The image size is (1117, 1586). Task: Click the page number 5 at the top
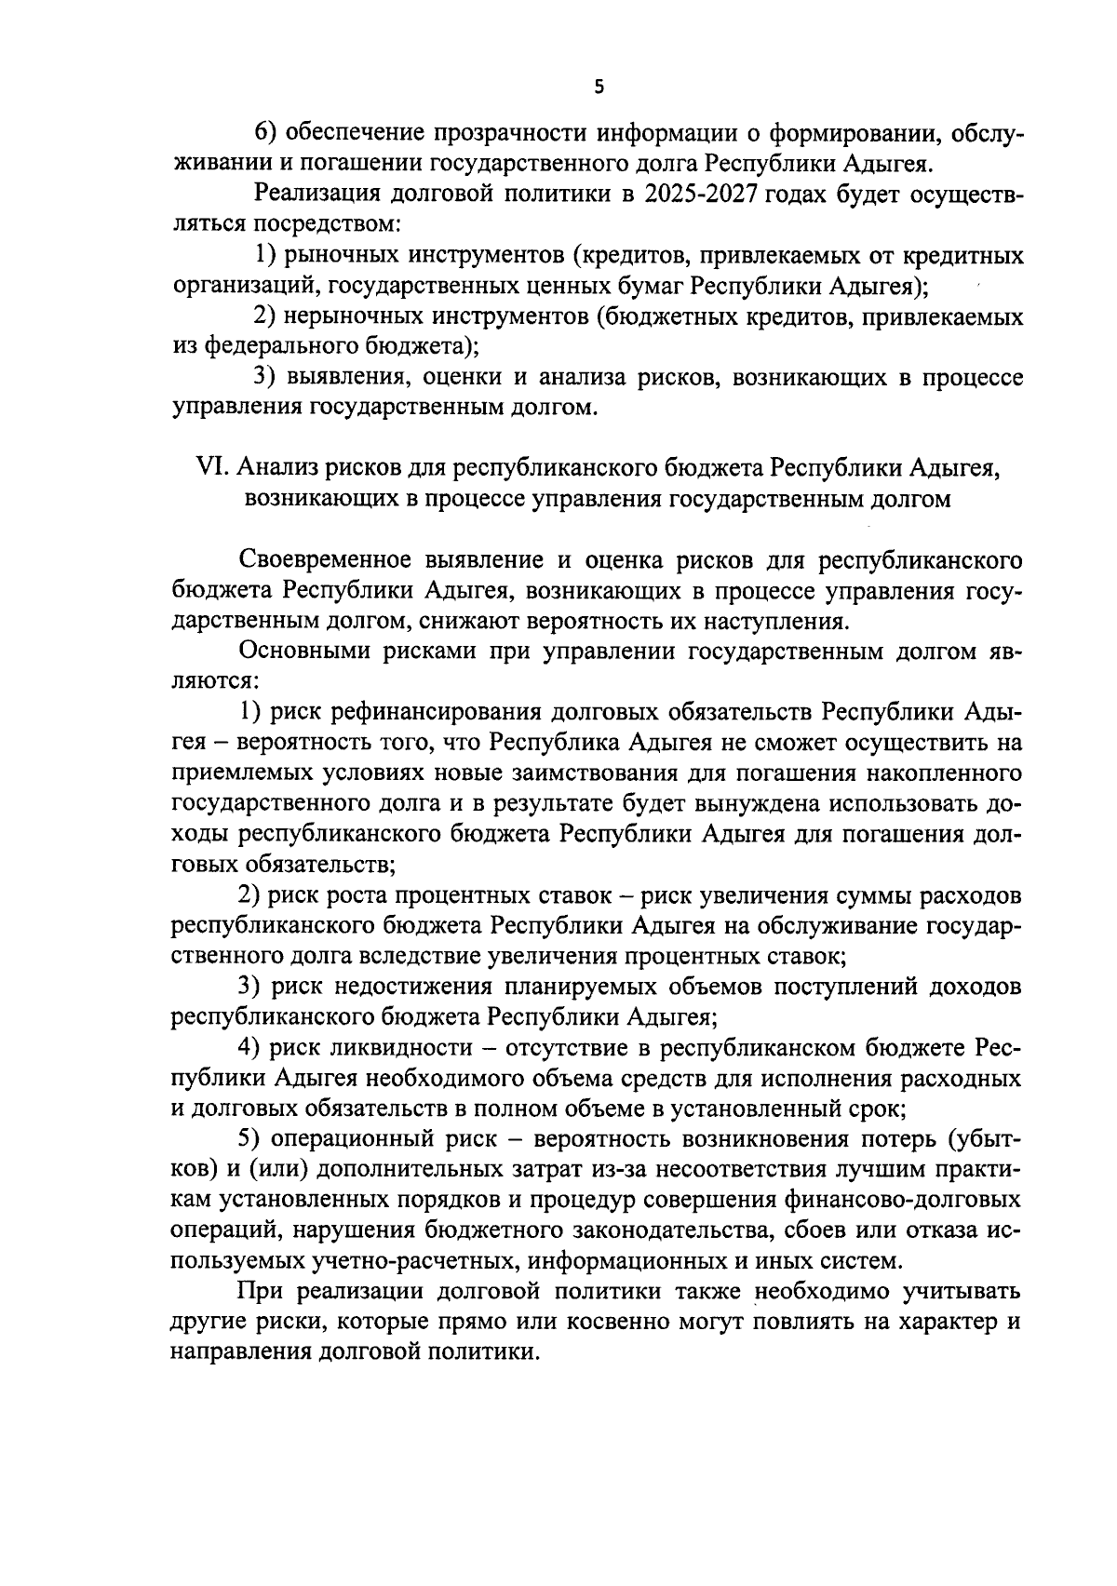coord(599,87)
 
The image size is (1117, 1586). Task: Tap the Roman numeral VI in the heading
coord(213,468)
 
